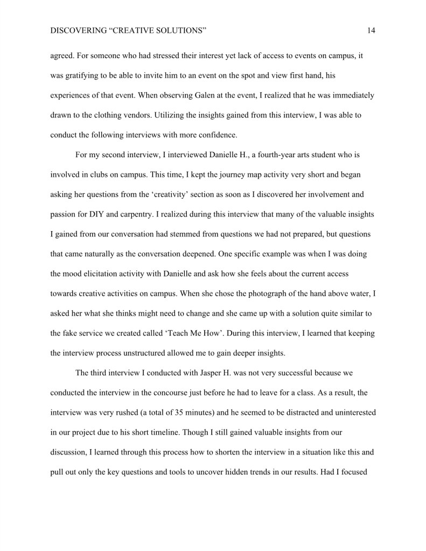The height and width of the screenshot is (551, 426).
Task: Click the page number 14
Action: coord(371,31)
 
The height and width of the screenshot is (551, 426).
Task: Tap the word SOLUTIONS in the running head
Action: coord(179,31)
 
